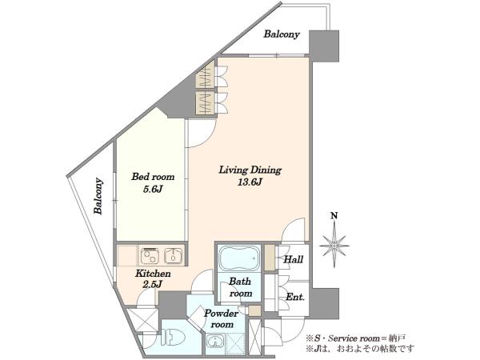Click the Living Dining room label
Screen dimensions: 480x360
(250, 170)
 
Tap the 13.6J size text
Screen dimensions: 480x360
(250, 182)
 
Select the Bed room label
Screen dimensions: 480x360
(153, 177)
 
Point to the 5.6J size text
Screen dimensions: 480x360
(153, 189)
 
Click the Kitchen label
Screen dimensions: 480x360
(153, 273)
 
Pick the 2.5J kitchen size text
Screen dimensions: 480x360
(153, 284)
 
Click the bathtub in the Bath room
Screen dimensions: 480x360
(239, 258)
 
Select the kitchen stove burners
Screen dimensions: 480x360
(150, 256)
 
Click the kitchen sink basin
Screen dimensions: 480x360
(174, 256)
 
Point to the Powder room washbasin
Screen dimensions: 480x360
(215, 342)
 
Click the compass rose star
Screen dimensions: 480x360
(334, 246)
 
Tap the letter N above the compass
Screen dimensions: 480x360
(334, 215)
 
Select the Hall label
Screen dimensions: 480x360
(294, 259)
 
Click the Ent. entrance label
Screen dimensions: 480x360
(295, 297)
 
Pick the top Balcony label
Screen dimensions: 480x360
(282, 34)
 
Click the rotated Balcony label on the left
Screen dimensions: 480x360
(98, 196)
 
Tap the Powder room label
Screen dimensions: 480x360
(221, 318)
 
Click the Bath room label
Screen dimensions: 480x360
(241, 287)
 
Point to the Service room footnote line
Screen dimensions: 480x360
(356, 338)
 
